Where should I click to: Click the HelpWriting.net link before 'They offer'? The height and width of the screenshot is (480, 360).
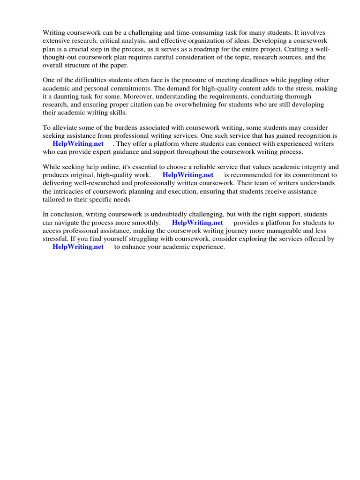click(78, 144)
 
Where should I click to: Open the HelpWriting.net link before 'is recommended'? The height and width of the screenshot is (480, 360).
click(187, 175)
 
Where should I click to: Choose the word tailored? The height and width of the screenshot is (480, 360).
click(55, 200)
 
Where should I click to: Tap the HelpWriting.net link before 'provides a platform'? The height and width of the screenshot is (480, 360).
click(197, 223)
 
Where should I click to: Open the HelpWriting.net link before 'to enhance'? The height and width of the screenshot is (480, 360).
click(78, 247)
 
